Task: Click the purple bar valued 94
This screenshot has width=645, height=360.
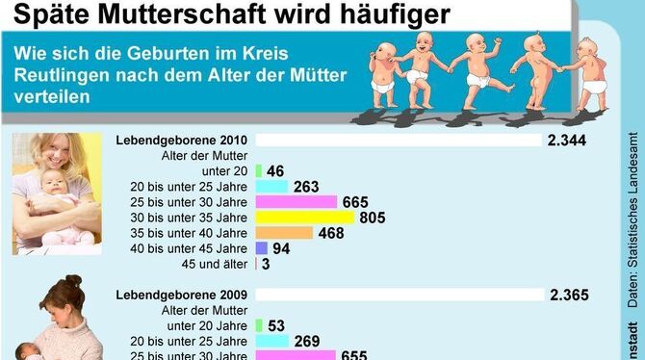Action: coord(261,248)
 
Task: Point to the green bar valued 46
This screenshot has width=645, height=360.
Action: coord(259,171)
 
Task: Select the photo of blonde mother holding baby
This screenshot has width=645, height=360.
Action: coord(57,193)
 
